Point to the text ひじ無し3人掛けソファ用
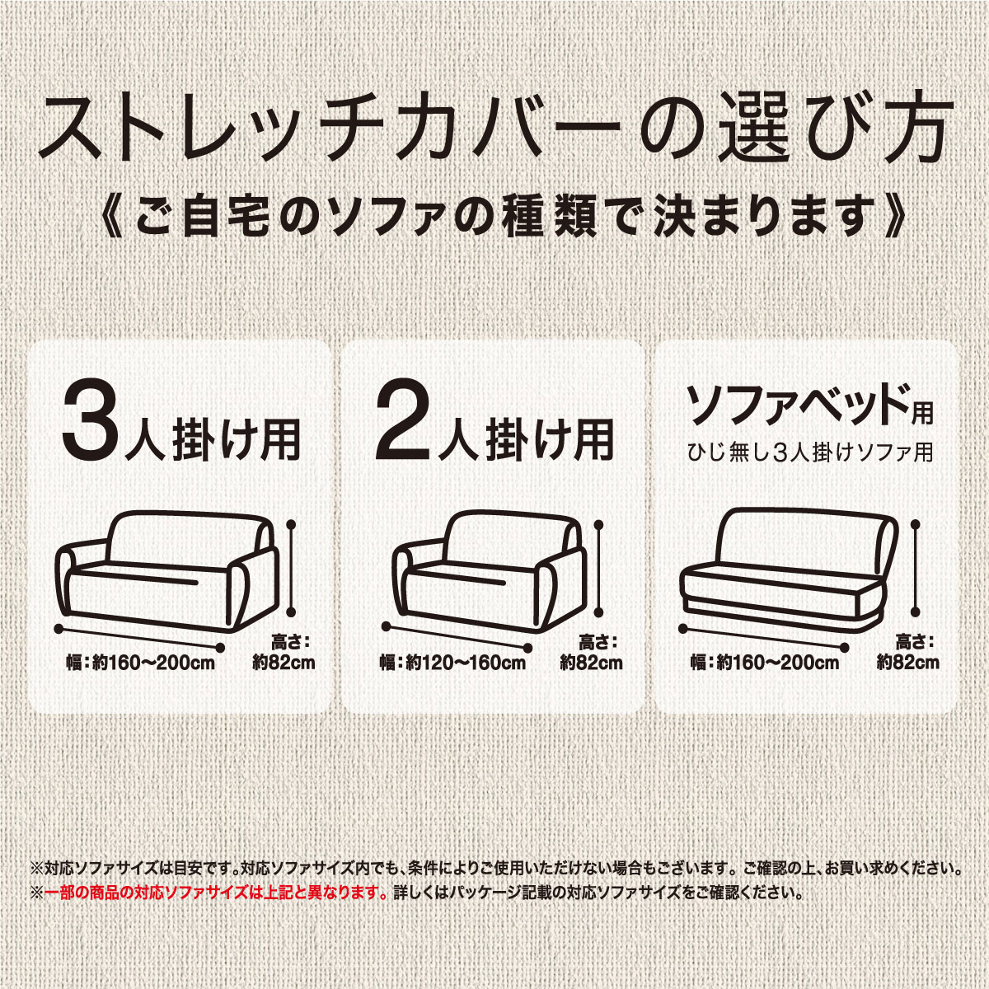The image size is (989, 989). [811, 452]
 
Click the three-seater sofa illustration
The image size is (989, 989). [165, 569]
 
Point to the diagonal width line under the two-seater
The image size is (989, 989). [458, 637]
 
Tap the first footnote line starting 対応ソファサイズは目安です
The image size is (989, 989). [494, 868]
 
